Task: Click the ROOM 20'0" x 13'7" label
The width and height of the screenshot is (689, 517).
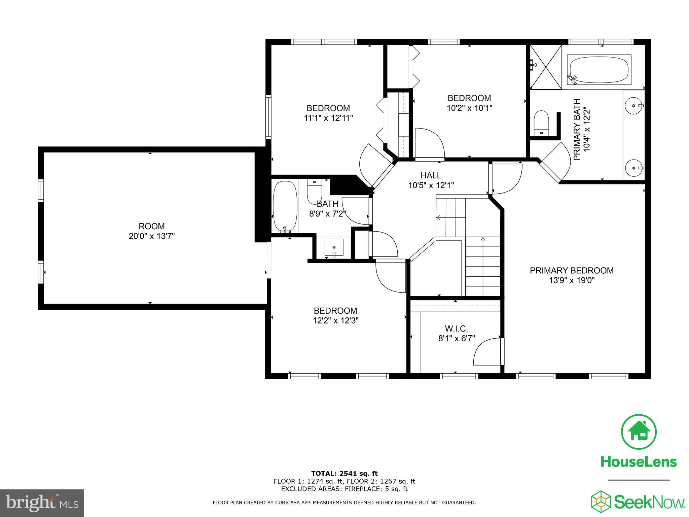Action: tap(151, 231)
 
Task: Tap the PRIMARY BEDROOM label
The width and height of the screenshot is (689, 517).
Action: tap(572, 271)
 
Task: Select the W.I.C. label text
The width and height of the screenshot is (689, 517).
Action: tap(456, 329)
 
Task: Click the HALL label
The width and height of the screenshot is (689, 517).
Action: tap(431, 175)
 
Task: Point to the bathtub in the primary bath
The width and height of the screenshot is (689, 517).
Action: tap(599, 70)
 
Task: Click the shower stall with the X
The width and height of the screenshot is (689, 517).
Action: tap(546, 67)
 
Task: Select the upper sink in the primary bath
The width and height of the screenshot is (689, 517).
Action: tap(634, 106)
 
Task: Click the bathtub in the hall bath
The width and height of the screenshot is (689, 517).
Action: tap(285, 206)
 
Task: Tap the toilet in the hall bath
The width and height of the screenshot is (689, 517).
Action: tap(315, 191)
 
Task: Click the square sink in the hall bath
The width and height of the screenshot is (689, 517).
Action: tap(334, 247)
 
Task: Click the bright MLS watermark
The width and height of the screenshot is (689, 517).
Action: tap(42, 503)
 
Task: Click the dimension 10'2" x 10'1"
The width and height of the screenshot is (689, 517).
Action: tap(469, 108)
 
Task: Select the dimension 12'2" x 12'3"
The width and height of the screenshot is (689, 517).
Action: tap(335, 321)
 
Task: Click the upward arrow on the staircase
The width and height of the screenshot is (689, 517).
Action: tap(483, 240)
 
